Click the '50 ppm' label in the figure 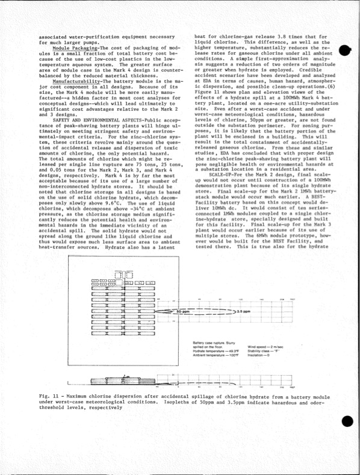183,312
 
